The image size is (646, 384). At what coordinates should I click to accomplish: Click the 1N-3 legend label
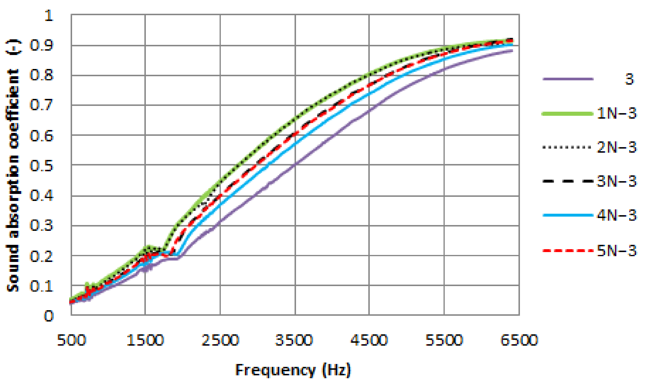(617, 113)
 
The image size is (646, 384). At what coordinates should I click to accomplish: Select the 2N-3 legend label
(617, 147)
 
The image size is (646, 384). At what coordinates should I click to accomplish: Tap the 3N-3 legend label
(617, 181)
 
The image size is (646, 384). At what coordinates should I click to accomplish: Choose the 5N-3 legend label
(617, 250)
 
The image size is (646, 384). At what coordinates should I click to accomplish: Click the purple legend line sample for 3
(568, 79)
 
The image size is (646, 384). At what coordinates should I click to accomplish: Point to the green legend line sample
(568, 114)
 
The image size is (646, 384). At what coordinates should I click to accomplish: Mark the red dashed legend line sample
(568, 250)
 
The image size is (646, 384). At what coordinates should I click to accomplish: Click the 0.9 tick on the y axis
(41, 45)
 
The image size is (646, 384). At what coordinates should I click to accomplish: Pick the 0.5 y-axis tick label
(41, 165)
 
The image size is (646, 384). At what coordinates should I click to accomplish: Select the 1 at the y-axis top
(49, 15)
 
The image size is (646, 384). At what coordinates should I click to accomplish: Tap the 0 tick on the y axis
(49, 316)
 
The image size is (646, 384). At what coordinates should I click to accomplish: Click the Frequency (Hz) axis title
(293, 370)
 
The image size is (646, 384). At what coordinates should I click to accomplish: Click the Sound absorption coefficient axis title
(12, 166)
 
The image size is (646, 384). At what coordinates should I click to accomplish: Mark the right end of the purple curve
(512, 51)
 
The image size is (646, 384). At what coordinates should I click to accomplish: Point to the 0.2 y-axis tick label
(41, 256)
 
